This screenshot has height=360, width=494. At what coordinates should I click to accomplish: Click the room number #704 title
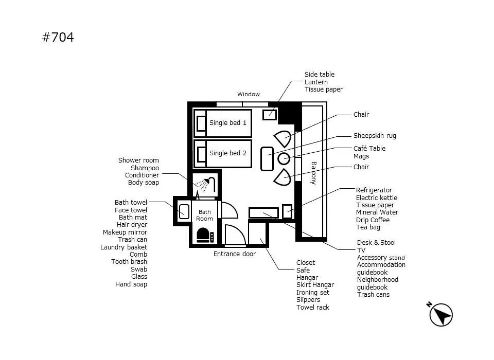(58, 38)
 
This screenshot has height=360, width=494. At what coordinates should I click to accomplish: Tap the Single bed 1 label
(228, 123)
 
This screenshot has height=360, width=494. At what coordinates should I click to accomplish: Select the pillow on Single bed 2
(201, 154)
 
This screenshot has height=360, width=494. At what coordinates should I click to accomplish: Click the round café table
(284, 158)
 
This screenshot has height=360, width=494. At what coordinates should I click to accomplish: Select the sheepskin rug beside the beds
(267, 159)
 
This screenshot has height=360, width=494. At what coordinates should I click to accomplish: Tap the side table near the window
(270, 115)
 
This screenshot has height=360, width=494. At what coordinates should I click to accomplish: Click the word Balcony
(313, 173)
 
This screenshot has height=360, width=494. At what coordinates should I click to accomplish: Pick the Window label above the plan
(249, 94)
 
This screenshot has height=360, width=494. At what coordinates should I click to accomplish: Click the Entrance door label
(235, 254)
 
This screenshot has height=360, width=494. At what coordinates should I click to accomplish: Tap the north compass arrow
(441, 315)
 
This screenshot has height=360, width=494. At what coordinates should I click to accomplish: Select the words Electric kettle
(377, 198)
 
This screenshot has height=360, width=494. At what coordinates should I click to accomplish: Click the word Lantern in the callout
(316, 82)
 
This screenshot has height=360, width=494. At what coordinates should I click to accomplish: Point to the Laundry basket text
(123, 247)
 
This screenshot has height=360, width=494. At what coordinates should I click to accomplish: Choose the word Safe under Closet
(303, 270)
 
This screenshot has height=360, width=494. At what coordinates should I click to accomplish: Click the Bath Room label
(204, 215)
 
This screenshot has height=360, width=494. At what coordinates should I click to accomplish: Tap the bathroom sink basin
(184, 211)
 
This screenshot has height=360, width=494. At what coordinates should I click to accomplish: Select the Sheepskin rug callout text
(375, 136)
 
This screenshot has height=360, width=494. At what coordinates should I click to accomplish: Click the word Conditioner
(142, 175)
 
